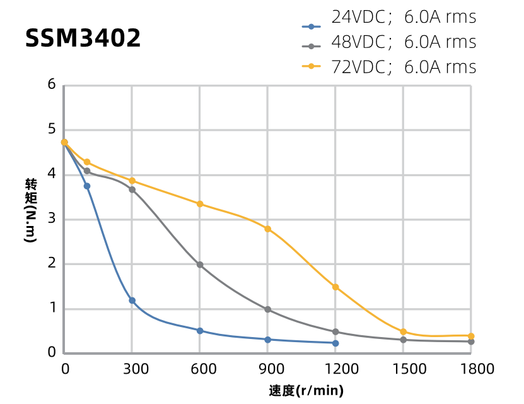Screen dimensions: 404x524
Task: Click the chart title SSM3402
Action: [x=83, y=39]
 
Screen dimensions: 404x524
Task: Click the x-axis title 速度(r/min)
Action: [x=306, y=391]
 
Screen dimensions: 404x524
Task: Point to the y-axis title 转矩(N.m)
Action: [x=31, y=211]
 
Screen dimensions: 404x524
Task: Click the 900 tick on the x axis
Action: [x=267, y=368]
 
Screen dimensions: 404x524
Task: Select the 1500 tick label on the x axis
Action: [x=404, y=368]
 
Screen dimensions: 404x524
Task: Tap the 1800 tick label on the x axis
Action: [x=472, y=368]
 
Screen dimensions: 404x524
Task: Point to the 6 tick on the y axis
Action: [x=52, y=85]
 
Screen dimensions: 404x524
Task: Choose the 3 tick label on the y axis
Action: [x=52, y=219]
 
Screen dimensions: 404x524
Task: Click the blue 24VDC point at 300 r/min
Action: [x=132, y=300]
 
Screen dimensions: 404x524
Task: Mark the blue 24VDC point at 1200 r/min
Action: [x=335, y=343]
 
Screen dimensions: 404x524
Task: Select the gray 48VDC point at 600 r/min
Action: [x=200, y=265]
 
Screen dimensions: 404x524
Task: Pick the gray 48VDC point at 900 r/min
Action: [x=268, y=309]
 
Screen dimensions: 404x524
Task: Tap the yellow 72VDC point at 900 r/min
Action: [x=268, y=229]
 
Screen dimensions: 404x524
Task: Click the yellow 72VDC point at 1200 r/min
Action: [x=335, y=287]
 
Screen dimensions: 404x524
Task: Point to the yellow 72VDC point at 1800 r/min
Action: [x=471, y=336]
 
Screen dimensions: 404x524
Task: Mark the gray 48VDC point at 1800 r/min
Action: [x=471, y=342]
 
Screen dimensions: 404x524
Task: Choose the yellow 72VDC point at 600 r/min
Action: [x=200, y=204]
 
